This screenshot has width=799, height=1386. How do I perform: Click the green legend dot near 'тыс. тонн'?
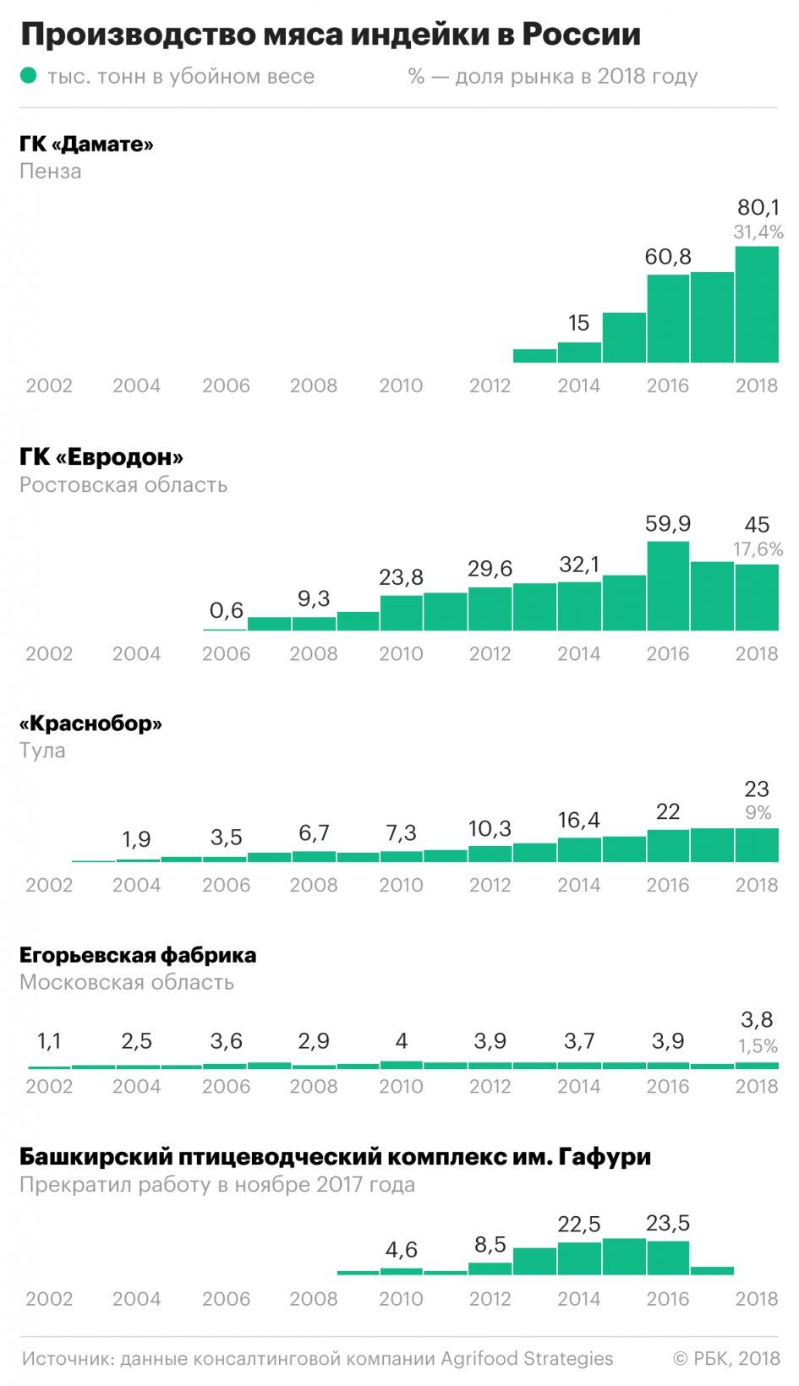(x=29, y=76)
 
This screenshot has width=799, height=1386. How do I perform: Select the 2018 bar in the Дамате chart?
(x=757, y=304)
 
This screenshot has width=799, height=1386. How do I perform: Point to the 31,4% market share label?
(x=758, y=232)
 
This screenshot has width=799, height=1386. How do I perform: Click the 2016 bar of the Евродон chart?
(x=668, y=586)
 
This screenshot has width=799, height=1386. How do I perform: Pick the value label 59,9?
(x=668, y=524)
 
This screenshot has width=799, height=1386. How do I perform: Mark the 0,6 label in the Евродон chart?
(x=226, y=610)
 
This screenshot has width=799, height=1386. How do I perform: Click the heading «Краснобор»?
(x=90, y=723)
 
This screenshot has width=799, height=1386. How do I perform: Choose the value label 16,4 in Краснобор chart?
(x=579, y=820)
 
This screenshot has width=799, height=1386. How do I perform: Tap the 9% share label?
(x=758, y=813)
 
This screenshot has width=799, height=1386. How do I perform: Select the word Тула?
(x=42, y=750)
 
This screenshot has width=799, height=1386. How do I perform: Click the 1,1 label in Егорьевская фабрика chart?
(x=49, y=1041)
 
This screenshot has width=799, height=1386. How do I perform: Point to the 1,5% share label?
(x=758, y=1046)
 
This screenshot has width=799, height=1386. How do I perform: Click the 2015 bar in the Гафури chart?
(x=624, y=1257)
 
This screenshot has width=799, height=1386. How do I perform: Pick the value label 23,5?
(x=668, y=1223)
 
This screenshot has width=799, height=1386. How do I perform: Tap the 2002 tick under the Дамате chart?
(x=49, y=385)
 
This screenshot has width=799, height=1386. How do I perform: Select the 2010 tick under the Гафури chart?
(x=401, y=1299)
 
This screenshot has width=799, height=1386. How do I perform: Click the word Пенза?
(x=51, y=172)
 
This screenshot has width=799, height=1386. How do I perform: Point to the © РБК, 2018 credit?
(x=726, y=1358)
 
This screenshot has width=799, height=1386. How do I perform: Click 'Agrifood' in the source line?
(x=479, y=1358)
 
